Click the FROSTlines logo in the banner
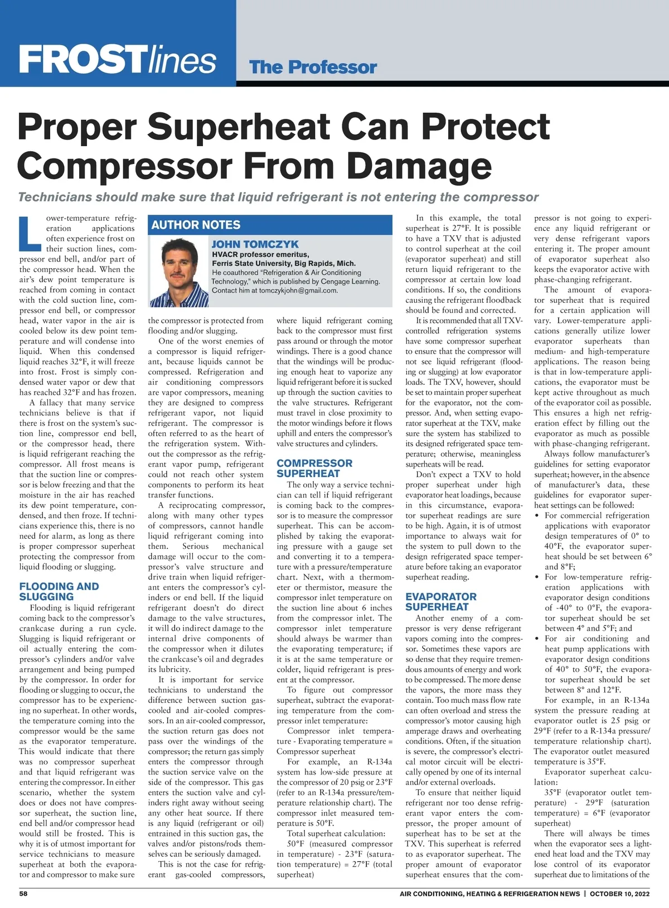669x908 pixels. (117, 60)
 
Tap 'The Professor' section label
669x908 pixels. (313, 67)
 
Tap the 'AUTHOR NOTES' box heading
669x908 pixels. (196, 225)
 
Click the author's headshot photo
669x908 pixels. (180, 270)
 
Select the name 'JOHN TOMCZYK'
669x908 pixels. (255, 244)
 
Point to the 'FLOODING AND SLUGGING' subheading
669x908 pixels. (59, 591)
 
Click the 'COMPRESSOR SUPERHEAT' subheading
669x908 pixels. (314, 468)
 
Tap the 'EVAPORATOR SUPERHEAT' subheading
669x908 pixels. (441, 601)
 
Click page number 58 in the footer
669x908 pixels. (23, 893)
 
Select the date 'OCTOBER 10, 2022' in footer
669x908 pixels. (619, 893)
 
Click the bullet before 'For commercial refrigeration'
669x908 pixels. (537, 516)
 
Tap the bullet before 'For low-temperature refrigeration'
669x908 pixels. (537, 577)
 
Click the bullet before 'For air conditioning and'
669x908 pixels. (537, 639)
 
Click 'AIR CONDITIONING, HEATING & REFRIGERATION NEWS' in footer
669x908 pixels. (489, 893)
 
